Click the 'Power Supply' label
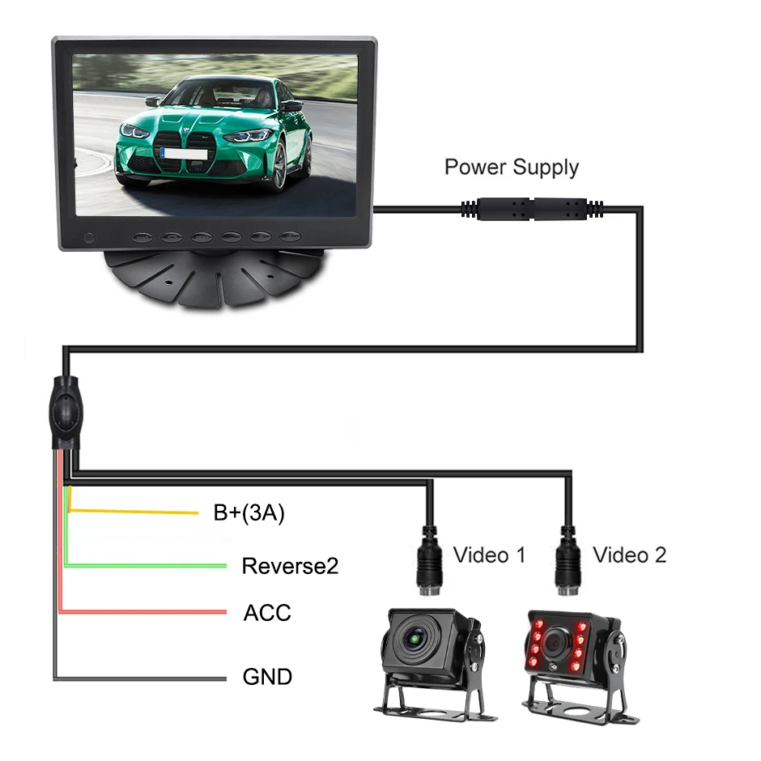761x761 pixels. tap(512, 168)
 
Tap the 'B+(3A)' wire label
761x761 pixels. tap(249, 513)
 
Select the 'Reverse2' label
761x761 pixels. tap(290, 566)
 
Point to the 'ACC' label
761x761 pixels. tap(266, 613)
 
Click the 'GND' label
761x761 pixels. tap(267, 676)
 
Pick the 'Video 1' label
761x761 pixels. tap(489, 555)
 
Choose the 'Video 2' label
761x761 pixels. tap(630, 555)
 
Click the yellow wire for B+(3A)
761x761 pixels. tap(138, 512)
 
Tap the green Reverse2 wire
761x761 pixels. tap(146, 566)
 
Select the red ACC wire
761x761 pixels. tap(146, 612)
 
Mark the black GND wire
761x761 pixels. tap(146, 677)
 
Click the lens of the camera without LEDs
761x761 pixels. tap(415, 643)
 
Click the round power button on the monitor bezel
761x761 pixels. tap(91, 239)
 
